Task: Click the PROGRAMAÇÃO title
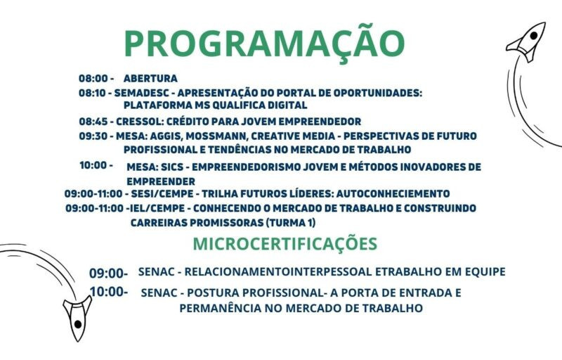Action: pos(264,43)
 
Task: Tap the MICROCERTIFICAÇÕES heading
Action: pos(285,243)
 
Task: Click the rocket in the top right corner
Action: pos(527,41)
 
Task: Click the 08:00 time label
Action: pos(93,78)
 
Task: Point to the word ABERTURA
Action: pos(150,78)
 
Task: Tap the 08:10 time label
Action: pos(93,93)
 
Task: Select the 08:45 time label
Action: pos(93,122)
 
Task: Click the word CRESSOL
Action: pos(140,122)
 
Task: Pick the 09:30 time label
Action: pos(93,136)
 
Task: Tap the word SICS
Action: pos(172,167)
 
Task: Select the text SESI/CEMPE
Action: pos(162,193)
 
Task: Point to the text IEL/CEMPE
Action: pos(157,208)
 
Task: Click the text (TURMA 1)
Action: pos(290,223)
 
